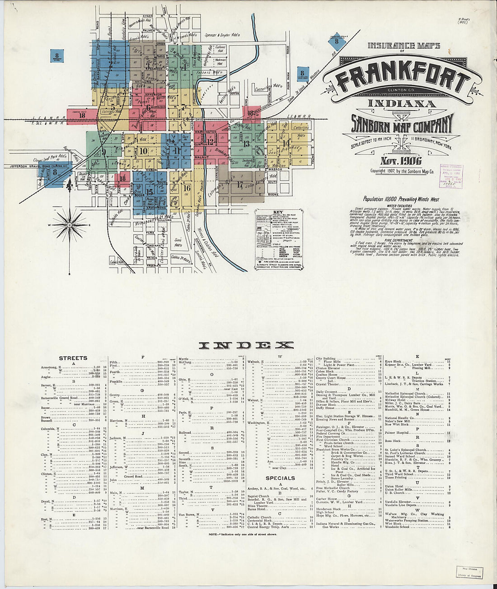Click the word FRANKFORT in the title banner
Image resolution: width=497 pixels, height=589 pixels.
[x=403, y=79]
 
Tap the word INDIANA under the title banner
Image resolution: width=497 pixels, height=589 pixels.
[x=402, y=104]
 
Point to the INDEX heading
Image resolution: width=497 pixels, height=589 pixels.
[x=246, y=346]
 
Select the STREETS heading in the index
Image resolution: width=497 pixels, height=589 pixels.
[x=73, y=358]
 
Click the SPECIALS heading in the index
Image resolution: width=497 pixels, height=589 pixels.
[x=280, y=478]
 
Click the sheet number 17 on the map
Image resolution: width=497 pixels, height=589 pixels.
[x=240, y=184]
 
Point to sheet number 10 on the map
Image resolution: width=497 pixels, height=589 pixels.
[x=144, y=151]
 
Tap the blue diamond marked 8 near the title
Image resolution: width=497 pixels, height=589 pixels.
[x=337, y=42]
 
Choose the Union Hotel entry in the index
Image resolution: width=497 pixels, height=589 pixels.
[x=394, y=486]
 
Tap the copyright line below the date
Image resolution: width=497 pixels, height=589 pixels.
[x=402, y=172]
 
